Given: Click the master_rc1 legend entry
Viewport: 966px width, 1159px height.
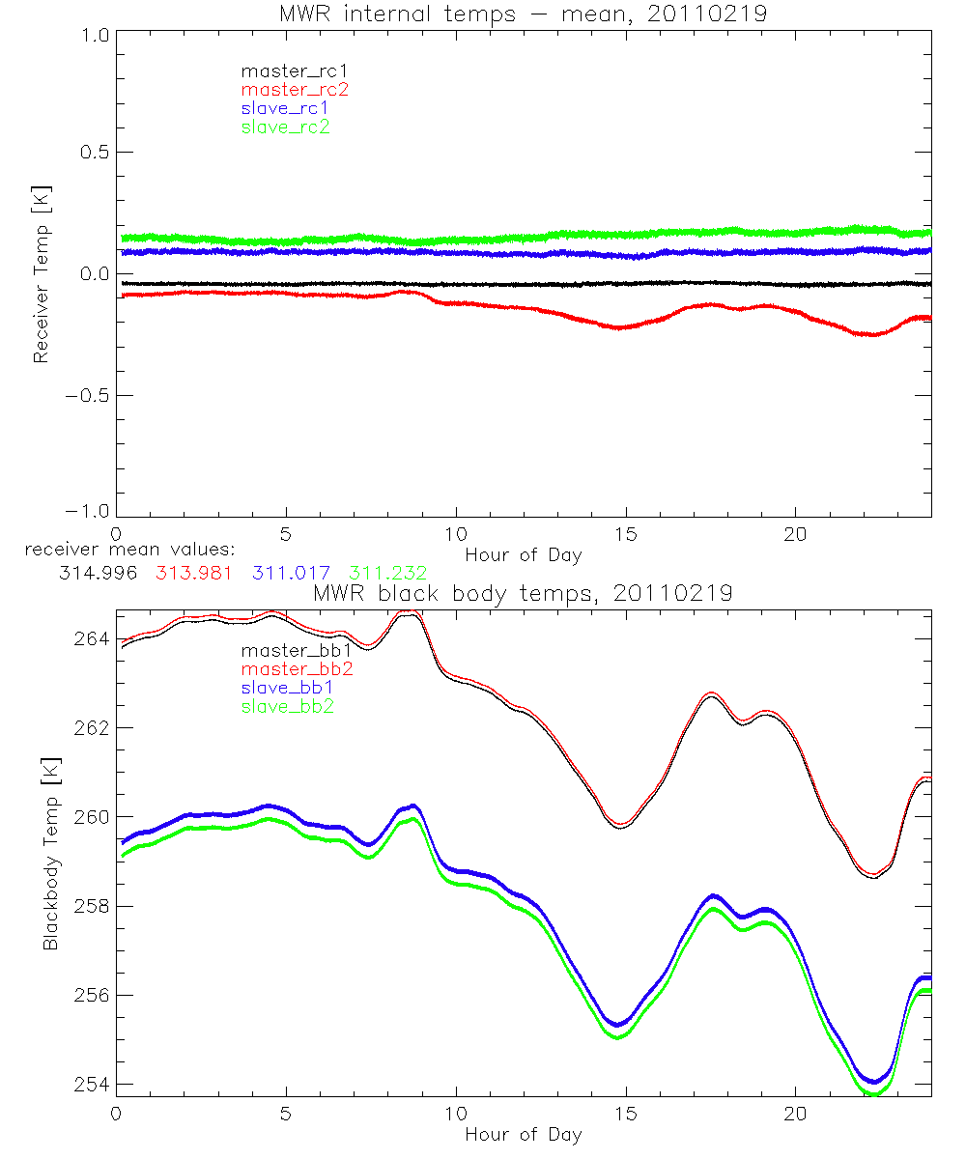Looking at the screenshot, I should pos(285,71).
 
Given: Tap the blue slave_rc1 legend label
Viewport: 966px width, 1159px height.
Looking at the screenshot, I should pos(285,108).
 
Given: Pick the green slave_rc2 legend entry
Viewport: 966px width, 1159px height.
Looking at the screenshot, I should pos(285,127).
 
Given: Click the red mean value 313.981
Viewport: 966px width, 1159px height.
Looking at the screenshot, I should pos(192,573).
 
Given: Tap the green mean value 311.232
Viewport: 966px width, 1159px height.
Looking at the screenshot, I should pos(388,573).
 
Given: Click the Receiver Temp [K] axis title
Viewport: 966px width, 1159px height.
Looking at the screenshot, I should pos(41,274).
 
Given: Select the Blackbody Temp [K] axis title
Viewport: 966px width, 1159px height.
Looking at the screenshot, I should pos(50,849).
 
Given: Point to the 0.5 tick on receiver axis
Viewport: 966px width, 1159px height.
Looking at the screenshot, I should pos(94,153).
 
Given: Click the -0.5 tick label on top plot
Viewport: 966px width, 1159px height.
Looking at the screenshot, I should pos(88,396).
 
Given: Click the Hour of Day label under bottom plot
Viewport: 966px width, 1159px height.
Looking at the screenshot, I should pos(523,1134).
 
